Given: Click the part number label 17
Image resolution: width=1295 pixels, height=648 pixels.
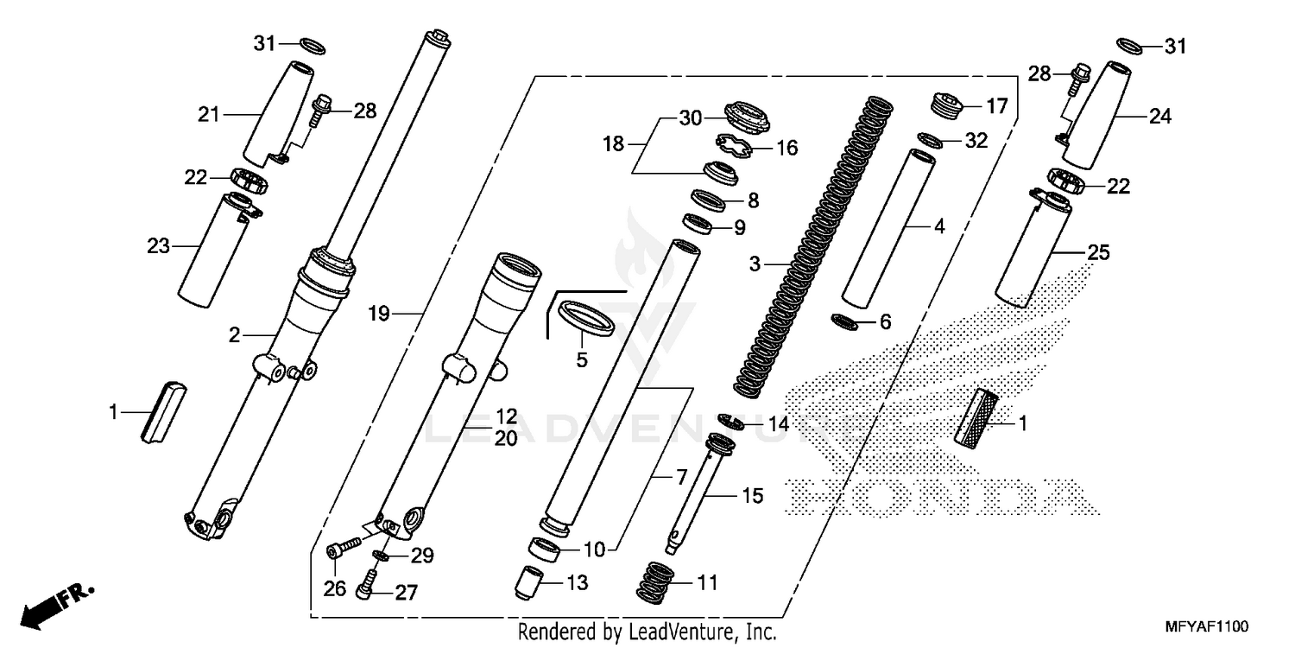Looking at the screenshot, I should (x=997, y=107).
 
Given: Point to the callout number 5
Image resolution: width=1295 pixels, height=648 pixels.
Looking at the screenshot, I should (x=582, y=359).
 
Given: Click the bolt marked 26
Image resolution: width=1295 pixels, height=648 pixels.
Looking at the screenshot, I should (x=343, y=546).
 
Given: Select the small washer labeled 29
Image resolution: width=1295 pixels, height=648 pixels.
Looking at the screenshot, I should (x=381, y=555).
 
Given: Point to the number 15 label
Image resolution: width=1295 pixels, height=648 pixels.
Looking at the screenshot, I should (x=753, y=497).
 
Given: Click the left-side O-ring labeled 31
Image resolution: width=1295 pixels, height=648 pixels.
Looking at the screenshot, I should (x=313, y=43).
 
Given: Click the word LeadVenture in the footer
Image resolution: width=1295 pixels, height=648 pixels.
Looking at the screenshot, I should (x=687, y=632).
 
